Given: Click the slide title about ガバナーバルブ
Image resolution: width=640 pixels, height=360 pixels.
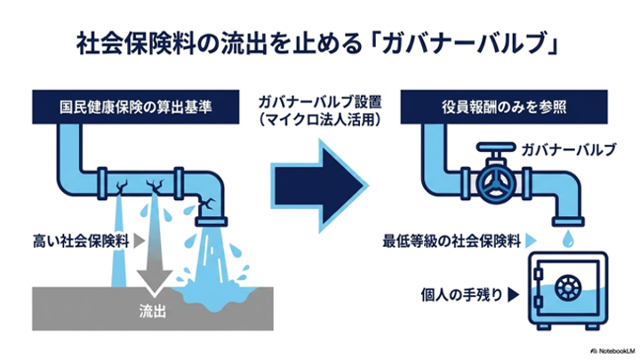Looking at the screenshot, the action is [x=317, y=44].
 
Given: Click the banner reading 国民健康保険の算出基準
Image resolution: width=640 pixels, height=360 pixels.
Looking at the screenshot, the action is [x=136, y=107].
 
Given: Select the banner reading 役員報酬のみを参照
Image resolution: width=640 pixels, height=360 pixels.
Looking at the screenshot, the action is [x=504, y=107].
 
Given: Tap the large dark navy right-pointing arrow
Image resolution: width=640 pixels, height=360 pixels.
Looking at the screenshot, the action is [x=319, y=186].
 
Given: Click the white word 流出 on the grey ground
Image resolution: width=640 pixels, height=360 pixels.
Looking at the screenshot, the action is [x=152, y=311].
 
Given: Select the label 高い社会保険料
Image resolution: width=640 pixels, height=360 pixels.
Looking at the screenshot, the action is [x=81, y=241].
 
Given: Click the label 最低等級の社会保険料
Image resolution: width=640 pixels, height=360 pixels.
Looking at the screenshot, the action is [x=452, y=241].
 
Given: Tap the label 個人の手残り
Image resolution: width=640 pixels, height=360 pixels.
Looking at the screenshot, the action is [x=461, y=294].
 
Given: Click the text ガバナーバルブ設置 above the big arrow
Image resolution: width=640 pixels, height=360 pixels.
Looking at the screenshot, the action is [x=320, y=101].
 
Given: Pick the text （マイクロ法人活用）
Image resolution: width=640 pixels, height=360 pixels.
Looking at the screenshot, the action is [x=320, y=120].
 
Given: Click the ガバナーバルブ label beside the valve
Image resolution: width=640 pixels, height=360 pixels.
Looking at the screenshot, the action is [x=569, y=150].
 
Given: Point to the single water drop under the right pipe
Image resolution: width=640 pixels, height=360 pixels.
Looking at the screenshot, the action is [x=568, y=239].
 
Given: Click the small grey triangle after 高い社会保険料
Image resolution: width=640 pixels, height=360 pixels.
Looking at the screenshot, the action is [x=140, y=241].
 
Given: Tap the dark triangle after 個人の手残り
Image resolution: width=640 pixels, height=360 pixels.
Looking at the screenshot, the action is [x=513, y=295].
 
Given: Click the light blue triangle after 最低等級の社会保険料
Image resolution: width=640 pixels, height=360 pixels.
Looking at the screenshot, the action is [x=531, y=241].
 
